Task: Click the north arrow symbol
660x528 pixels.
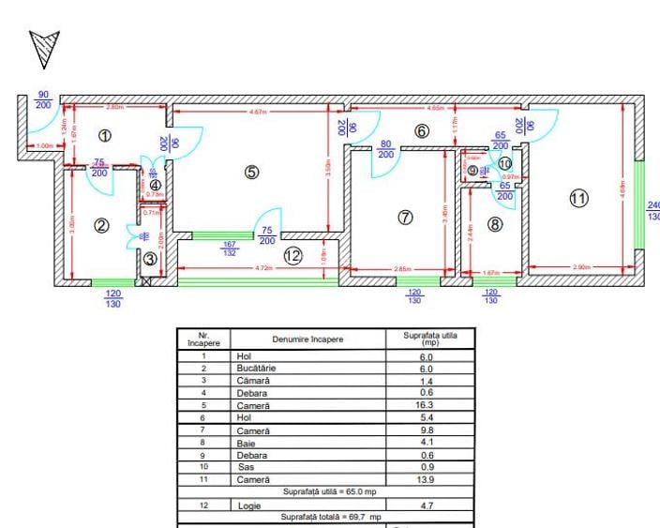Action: tap(44, 48)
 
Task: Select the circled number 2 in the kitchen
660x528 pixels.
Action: tap(102, 224)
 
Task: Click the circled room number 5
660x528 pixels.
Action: tap(250, 172)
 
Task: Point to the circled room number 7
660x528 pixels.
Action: tap(405, 217)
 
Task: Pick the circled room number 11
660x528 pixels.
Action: tap(578, 198)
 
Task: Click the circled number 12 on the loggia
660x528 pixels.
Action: tap(292, 255)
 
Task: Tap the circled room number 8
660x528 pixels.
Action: tap(495, 223)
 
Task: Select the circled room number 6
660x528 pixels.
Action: tap(421, 131)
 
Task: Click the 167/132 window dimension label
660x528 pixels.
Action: tap(230, 249)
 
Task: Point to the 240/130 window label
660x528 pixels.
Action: tap(652, 211)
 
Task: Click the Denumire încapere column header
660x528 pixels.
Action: tap(307, 339)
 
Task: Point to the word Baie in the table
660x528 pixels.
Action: tap(245, 443)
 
